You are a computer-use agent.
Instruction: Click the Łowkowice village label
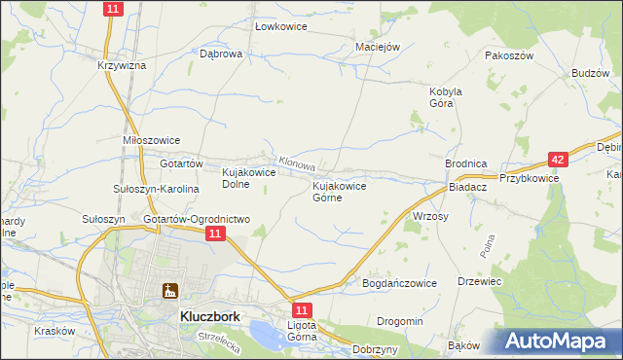[280, 26]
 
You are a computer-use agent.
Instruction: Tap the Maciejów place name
[378, 45]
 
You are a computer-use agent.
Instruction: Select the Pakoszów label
[510, 56]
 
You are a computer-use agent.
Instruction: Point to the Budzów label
[591, 74]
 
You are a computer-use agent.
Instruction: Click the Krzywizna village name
[122, 65]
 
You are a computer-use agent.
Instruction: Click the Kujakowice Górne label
[339, 192]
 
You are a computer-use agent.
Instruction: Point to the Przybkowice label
[529, 178]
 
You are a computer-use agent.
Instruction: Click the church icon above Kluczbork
[171, 290]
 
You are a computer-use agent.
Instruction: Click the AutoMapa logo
[560, 342]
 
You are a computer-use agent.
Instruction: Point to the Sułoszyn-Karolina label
[156, 189]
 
